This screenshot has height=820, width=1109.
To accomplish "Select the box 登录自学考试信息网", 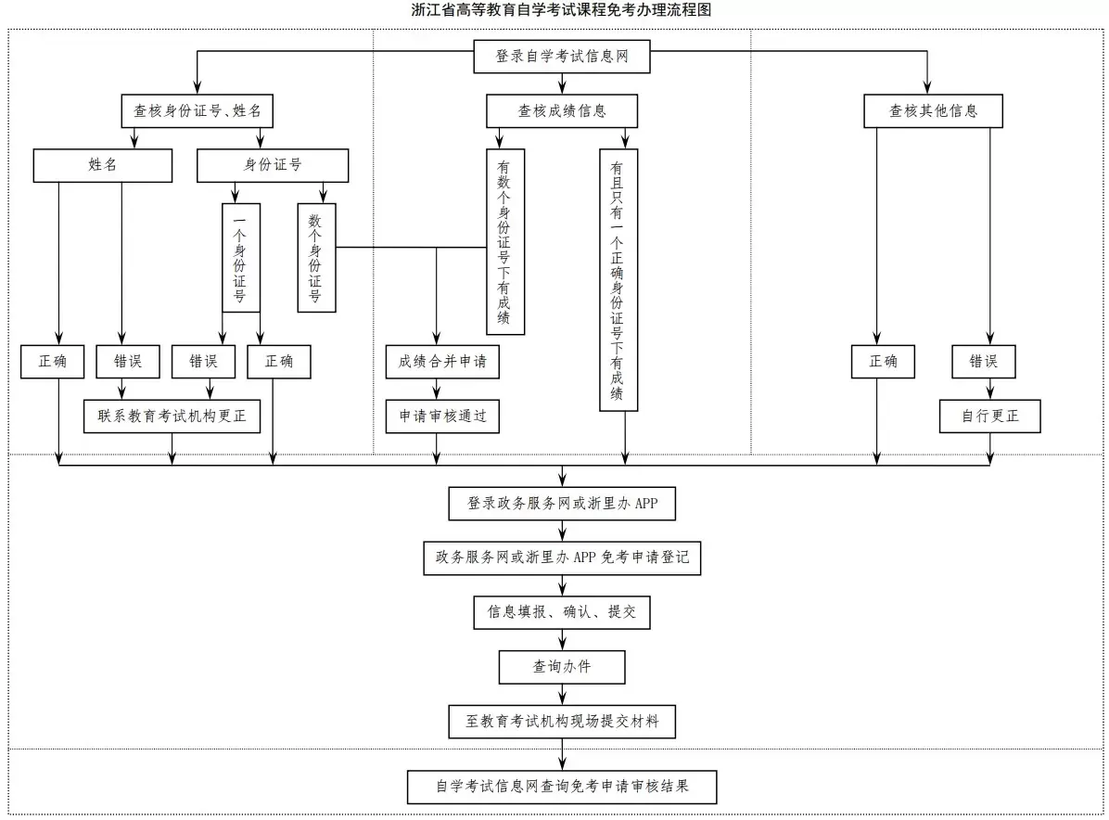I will coord(562,57).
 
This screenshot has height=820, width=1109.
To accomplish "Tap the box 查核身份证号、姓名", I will coord(198,111).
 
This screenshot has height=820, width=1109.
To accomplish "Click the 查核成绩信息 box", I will coord(562,111).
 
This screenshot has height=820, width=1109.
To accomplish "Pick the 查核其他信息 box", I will coord(933,111).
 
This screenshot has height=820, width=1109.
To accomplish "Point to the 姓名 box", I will coord(103,165).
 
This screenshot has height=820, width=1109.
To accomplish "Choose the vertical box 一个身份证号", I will coord(240,257).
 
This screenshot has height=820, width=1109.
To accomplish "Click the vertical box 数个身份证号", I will coord(316,257).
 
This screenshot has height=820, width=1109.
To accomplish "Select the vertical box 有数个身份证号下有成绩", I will coord(504,241).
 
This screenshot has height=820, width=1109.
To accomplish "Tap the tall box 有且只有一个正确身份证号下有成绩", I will coord(618,279).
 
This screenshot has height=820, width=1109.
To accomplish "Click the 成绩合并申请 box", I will coord(442,362).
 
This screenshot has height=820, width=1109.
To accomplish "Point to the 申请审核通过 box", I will coord(442,416).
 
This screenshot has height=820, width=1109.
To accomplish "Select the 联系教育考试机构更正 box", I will coord(172,416).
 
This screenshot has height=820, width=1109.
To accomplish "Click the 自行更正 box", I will coord(989,416).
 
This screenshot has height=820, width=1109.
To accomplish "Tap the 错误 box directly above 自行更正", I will coord(983,362).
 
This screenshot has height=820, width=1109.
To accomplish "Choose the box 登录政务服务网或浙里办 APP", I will coord(562,505).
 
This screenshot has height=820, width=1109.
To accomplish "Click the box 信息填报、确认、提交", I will coord(562,613).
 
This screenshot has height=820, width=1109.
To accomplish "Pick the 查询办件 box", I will coord(562,667).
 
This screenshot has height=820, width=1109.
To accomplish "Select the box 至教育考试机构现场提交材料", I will coord(562,721).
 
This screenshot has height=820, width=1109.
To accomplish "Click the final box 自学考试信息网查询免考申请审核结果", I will coord(562,787).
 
